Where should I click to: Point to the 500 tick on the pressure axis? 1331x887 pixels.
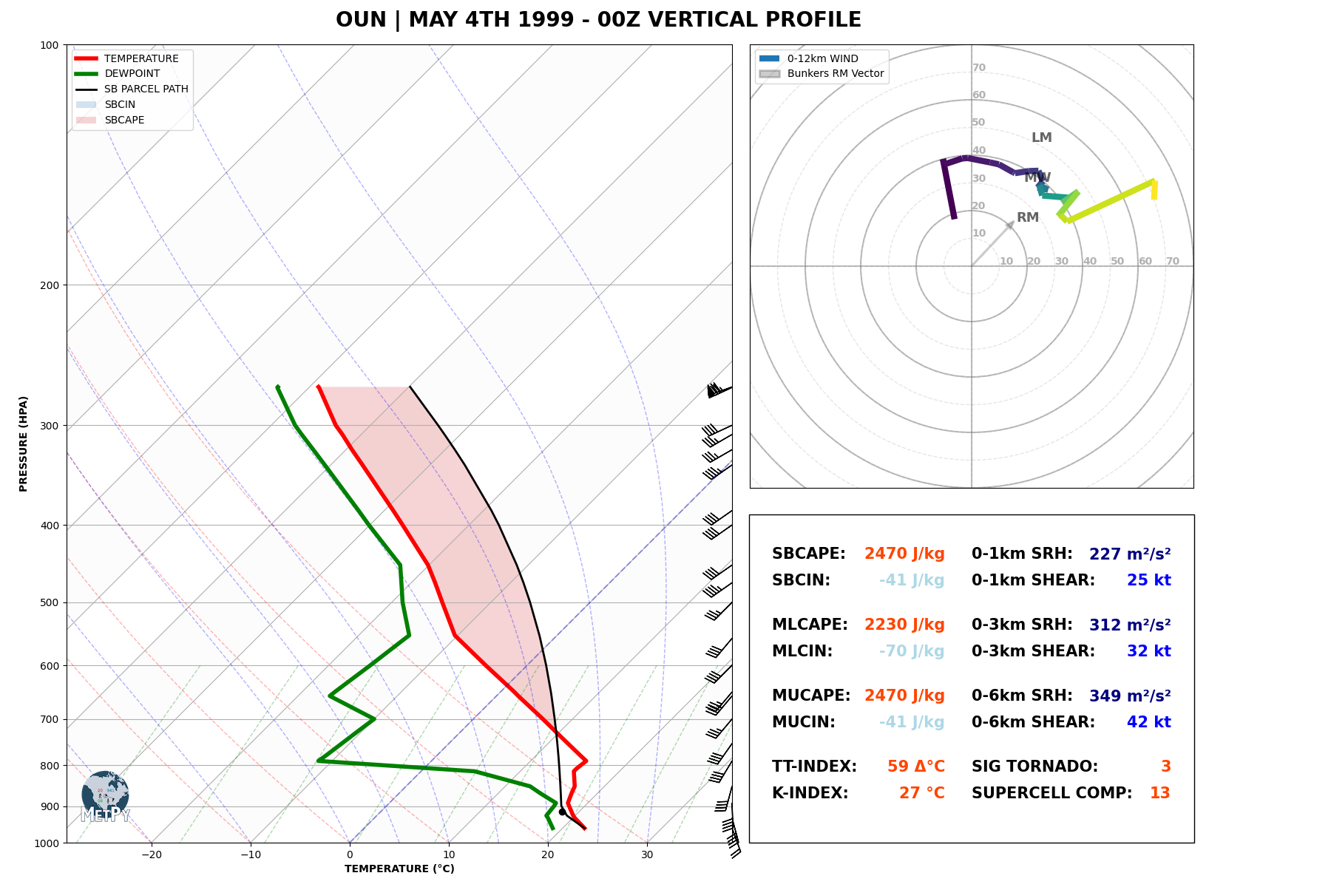tap(49, 602)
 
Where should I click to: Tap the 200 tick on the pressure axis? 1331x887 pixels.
tap(49, 285)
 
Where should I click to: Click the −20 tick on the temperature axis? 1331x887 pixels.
tap(151, 855)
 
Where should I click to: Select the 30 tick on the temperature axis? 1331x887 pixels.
tap(647, 855)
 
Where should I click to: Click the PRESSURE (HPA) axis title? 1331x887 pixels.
tap(24, 443)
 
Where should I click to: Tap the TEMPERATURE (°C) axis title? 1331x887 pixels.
tap(399, 869)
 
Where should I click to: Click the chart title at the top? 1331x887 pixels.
tap(598, 20)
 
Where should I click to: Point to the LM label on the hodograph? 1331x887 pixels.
tap(1041, 137)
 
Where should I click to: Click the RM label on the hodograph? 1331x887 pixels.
tap(1028, 217)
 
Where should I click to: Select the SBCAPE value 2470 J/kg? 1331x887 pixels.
tap(904, 554)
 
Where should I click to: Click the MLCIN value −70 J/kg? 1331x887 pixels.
tap(911, 651)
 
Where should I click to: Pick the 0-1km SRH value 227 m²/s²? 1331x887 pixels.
tap(1129, 554)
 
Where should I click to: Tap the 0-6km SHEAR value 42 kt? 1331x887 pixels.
tap(1148, 722)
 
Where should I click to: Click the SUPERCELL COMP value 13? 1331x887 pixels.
tap(1159, 793)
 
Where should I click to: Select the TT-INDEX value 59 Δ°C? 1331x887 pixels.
tap(915, 767)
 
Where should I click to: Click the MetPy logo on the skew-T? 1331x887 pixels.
tap(106, 798)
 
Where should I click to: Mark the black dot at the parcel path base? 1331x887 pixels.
tap(562, 812)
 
